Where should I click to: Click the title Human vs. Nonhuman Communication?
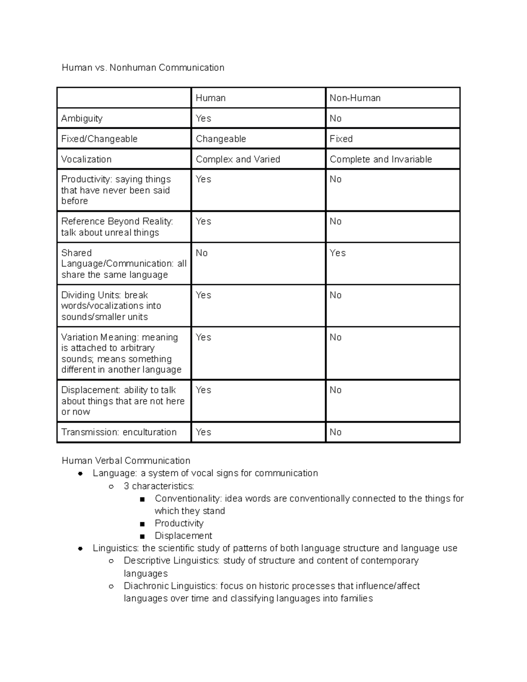click(143, 68)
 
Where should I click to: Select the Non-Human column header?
click(355, 98)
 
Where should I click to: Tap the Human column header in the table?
click(210, 98)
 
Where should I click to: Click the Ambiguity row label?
click(82, 119)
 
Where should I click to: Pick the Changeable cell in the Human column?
click(220, 139)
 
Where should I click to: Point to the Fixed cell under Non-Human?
click(341, 139)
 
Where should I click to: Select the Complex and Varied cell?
click(238, 159)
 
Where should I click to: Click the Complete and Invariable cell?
click(380, 159)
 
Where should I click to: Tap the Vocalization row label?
click(86, 159)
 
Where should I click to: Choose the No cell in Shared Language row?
click(202, 253)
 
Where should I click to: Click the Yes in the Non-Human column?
click(337, 253)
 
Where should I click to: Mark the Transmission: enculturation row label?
click(119, 432)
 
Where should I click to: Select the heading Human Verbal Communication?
click(126, 461)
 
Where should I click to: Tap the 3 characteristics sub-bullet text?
click(159, 486)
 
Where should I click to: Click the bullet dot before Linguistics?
click(80, 548)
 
